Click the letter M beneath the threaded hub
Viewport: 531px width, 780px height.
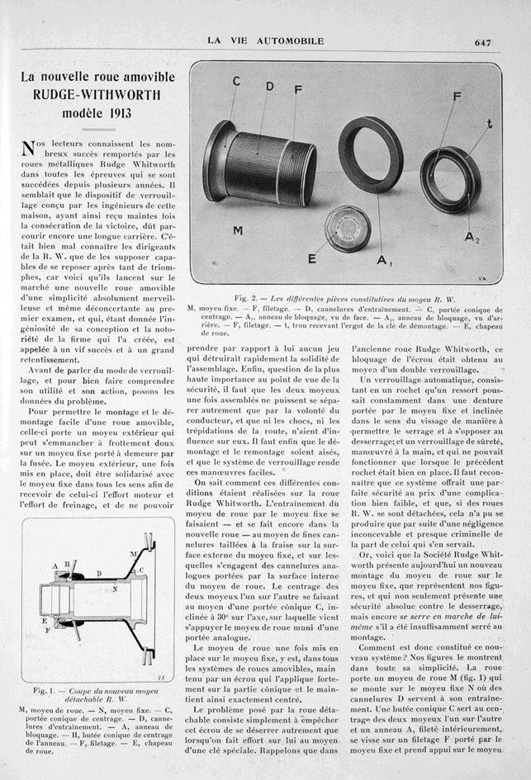tap(237, 230)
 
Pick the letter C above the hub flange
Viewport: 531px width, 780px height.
tap(236, 82)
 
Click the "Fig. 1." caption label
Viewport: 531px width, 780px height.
tap(42, 689)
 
